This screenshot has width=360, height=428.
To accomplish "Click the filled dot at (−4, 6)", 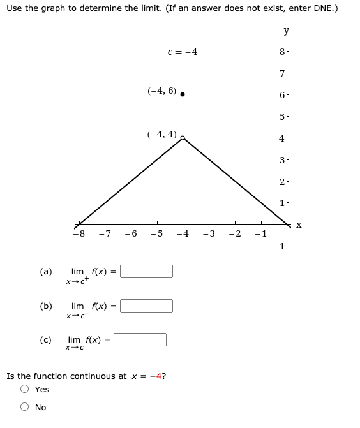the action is click(183, 94).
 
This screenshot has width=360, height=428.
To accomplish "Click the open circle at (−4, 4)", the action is click(183, 138).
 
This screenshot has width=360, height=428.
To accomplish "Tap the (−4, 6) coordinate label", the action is click(161, 91).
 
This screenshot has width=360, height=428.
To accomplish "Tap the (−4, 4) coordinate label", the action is click(161, 134).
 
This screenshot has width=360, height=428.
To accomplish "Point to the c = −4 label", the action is click(182, 52).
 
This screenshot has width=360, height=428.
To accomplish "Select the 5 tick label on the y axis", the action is click(280, 117).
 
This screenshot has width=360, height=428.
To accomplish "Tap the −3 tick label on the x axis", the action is click(208, 233).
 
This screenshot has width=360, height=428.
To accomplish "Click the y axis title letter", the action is click(286, 31).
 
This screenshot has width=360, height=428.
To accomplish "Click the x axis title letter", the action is click(298, 225).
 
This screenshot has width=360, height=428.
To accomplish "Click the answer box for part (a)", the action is click(147, 272).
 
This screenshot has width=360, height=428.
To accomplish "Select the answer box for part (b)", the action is click(147, 306).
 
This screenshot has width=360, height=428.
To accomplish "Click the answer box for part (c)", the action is click(140, 339).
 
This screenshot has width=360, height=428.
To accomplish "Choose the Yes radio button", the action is click(25, 389).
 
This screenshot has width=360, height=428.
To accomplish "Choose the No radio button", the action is click(25, 408).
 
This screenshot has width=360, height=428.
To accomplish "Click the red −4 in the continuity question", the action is click(156, 376).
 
